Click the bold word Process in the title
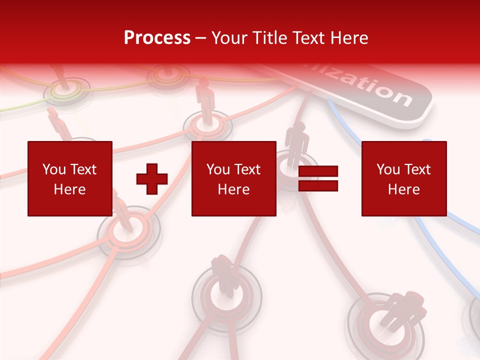pos(157,38)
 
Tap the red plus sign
pos(152,179)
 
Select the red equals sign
pos(318,179)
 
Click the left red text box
pos(69,178)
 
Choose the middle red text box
pos(233,178)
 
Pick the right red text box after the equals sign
pos(403,178)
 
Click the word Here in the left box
pos(69,189)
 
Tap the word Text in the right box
pos(417,169)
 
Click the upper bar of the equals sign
pos(318,172)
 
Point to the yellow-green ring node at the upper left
pos(66,91)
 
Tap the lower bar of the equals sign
pos(318,186)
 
